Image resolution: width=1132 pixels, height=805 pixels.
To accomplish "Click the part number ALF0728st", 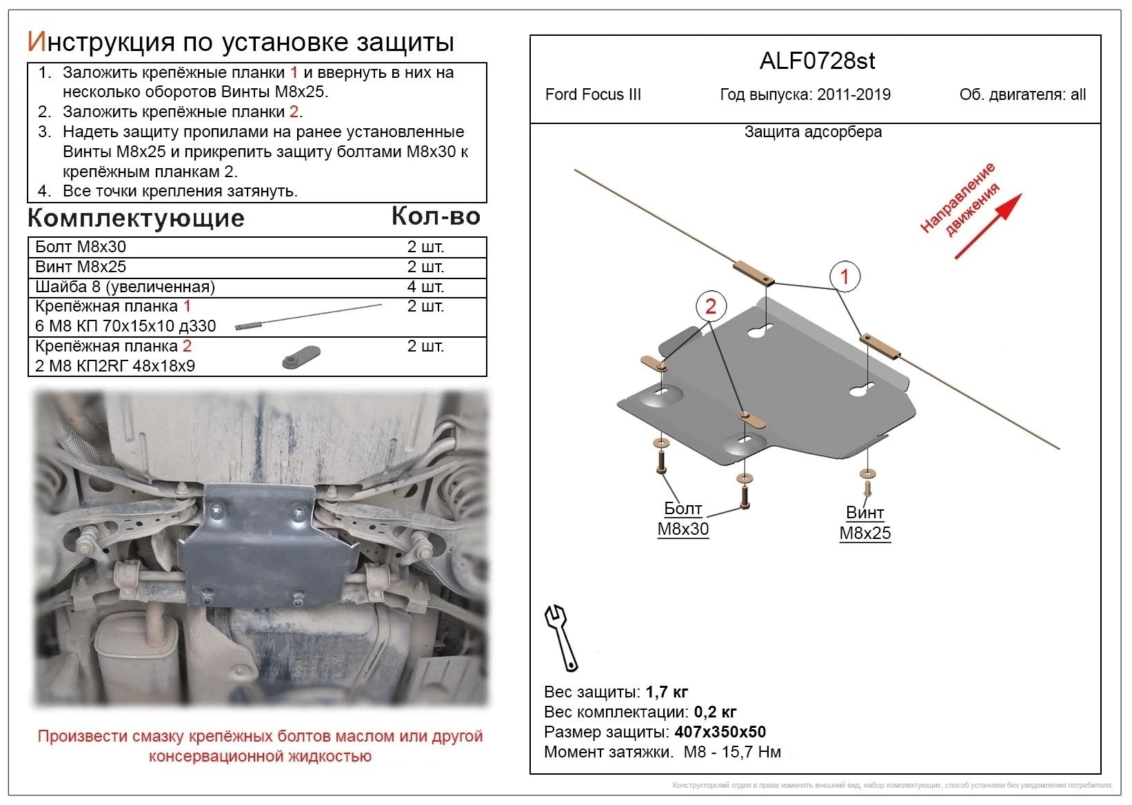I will point(817,61).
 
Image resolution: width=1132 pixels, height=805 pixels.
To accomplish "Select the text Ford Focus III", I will point(593,94).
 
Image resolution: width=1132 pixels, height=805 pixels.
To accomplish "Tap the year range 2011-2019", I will point(853,94).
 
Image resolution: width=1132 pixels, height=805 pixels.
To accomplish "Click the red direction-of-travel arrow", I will point(988,226).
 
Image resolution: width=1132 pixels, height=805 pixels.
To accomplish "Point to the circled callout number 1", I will point(845,277).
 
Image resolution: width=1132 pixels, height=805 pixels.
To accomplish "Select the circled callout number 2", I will point(711,306).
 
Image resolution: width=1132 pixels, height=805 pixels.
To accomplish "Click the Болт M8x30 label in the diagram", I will point(683,518).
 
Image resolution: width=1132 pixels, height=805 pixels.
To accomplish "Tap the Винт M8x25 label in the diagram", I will point(865,522).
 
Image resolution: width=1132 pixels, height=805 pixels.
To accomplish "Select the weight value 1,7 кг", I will point(667,691).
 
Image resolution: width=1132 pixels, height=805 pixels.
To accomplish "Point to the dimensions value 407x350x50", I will point(720,731).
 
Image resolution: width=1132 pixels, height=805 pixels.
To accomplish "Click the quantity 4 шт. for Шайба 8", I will point(425,287).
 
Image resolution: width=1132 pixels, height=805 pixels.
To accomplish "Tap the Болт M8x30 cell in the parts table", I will point(81,247).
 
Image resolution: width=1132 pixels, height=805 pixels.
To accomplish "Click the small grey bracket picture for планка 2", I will point(301,357).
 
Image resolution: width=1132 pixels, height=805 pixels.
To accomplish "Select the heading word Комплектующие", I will point(136,218).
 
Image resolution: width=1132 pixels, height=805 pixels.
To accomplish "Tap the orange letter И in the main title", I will point(36,42).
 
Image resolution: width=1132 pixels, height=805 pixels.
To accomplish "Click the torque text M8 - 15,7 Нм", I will point(732,751).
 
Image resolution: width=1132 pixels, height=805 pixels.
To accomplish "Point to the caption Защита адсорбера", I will point(813,132).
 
